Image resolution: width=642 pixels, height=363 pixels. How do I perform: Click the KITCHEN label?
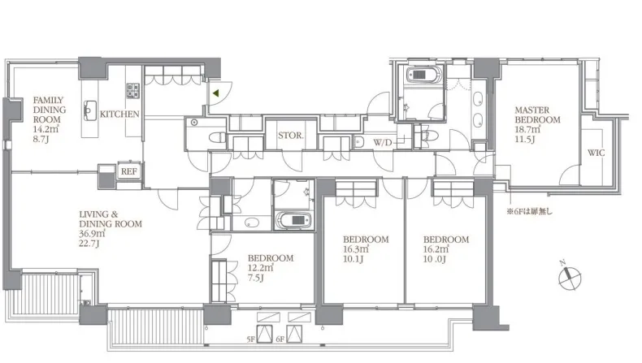119,115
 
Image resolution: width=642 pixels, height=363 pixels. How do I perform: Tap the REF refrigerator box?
129,171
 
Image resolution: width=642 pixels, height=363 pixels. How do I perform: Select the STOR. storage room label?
291,135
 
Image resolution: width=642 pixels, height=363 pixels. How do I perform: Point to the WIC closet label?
596,153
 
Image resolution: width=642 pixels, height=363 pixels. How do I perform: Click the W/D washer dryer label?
383,142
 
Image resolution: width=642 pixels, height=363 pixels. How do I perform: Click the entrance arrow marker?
215,93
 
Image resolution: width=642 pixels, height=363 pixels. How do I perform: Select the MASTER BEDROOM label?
537,115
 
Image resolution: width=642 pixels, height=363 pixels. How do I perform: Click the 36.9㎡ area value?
92,234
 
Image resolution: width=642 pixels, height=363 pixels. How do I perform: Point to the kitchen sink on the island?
90,110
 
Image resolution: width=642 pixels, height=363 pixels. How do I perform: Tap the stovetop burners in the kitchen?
132,90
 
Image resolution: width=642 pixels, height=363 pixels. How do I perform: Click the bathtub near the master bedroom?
423,75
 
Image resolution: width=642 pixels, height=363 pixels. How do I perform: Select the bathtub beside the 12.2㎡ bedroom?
293,220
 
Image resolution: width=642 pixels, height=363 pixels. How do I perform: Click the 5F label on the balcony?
251,339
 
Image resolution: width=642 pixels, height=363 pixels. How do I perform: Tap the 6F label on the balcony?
280,339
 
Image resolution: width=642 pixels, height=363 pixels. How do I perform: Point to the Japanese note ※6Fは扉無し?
529,212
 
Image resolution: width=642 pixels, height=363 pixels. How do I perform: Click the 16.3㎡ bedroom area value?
356,248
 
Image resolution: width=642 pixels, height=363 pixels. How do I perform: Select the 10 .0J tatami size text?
435,259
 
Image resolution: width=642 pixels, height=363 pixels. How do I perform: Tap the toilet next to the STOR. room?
217,137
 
